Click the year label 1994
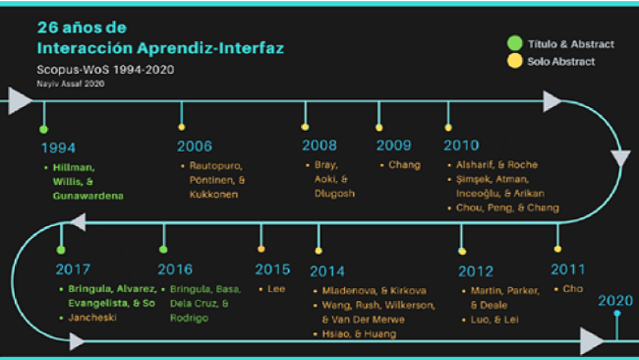coord(58,148)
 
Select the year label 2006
coord(195,147)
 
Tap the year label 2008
coord(319,146)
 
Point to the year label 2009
coord(393,146)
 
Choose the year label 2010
coord(461,146)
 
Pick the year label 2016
coord(176,269)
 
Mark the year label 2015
coord(272,269)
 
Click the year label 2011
coord(568,269)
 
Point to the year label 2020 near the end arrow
coord(615,301)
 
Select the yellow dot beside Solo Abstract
coord(513,62)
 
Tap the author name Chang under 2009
coord(404,164)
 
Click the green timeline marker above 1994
coord(43,129)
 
